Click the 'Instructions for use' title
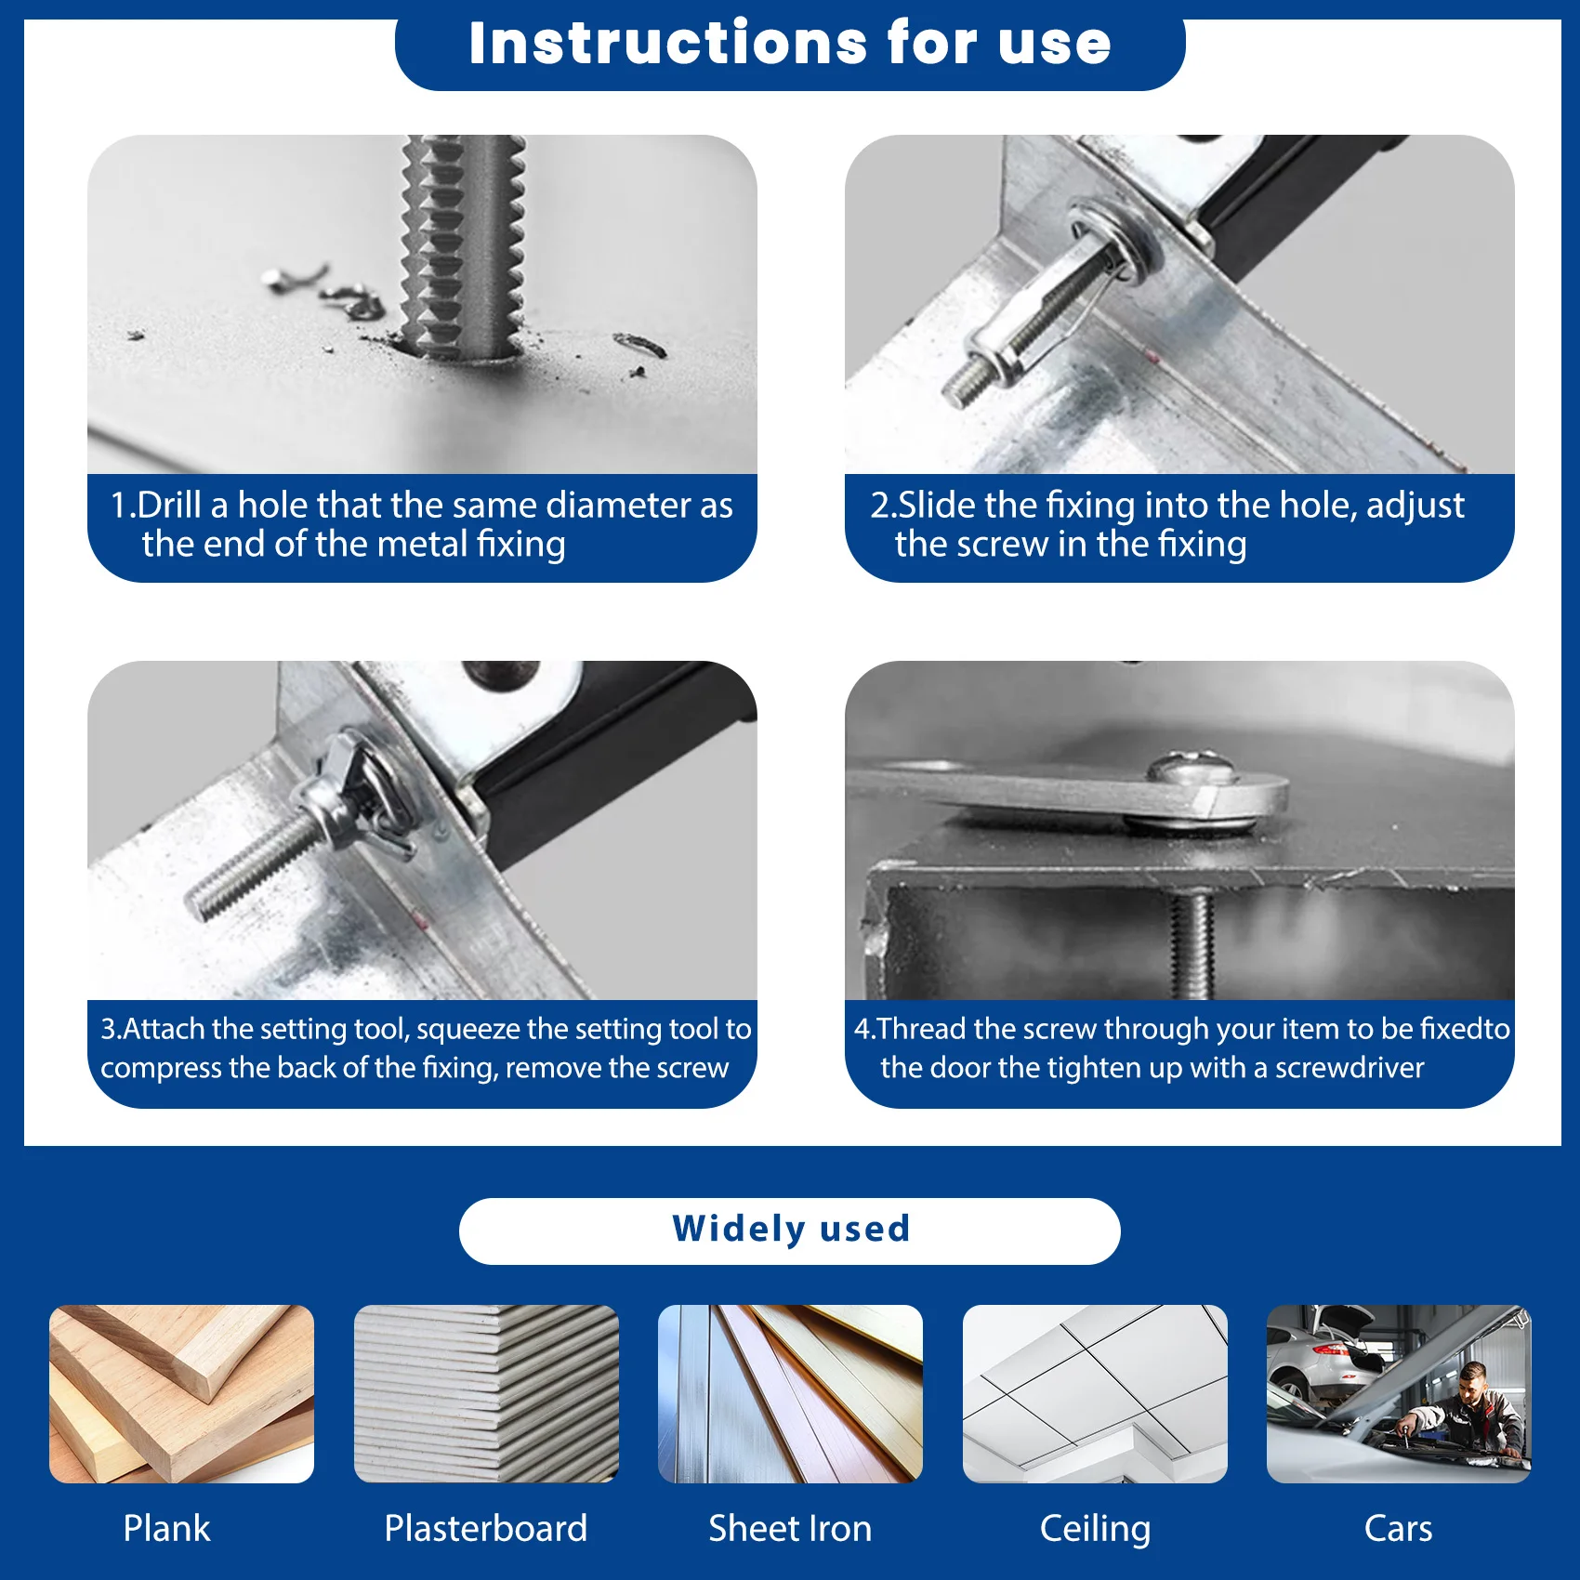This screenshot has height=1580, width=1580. pyautogui.click(x=790, y=43)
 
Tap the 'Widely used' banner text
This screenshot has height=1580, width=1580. pyautogui.click(x=791, y=1229)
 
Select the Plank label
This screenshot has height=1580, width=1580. pyautogui.click(x=167, y=1528)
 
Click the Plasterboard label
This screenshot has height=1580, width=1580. pyautogui.click(x=486, y=1528)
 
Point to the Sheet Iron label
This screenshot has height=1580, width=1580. pyautogui.click(x=790, y=1528)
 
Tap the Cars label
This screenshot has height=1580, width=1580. pyautogui.click(x=1399, y=1528)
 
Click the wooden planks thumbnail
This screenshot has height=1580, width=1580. pyautogui.click(x=182, y=1394)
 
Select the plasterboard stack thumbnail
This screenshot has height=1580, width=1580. pyautogui.click(x=486, y=1394)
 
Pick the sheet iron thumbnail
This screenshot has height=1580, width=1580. pyautogui.click(x=791, y=1394)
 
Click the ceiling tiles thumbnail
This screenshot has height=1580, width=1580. pyautogui.click(x=1095, y=1394)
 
